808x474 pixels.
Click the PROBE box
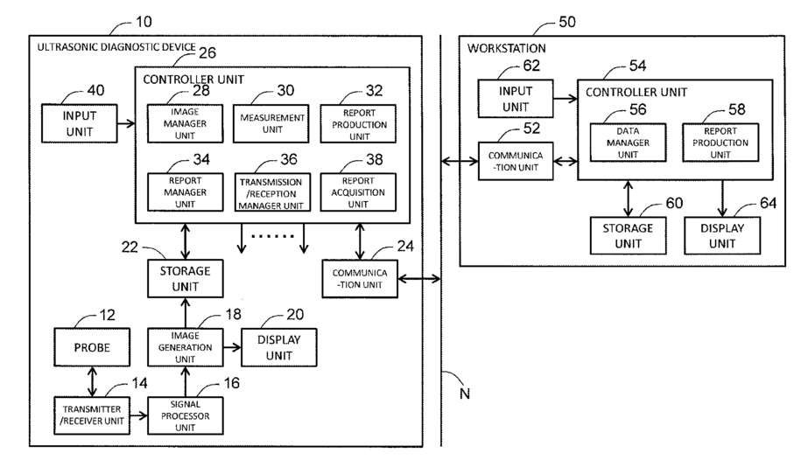(x=92, y=347)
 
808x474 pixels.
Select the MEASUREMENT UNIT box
(x=271, y=123)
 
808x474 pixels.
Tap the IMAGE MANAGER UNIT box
(x=185, y=123)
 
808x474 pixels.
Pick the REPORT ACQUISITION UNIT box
(x=358, y=192)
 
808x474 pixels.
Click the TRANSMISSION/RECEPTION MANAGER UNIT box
(x=272, y=192)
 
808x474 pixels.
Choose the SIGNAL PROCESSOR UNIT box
(x=185, y=415)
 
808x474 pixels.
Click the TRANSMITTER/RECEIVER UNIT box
(x=92, y=415)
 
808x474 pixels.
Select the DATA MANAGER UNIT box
(x=628, y=143)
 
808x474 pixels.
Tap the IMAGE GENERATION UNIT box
(x=185, y=347)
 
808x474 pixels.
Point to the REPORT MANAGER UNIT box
(x=185, y=192)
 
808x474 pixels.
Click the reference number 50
(x=567, y=22)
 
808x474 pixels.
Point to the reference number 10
(x=144, y=22)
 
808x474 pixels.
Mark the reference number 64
(x=768, y=203)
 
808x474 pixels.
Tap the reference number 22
(x=130, y=247)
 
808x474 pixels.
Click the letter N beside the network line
(x=464, y=394)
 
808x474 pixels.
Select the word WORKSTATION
(x=507, y=48)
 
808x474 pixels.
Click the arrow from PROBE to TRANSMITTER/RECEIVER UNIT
(x=92, y=381)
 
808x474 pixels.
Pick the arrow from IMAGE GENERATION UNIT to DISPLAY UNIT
(x=232, y=347)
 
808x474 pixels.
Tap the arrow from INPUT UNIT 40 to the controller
(x=126, y=123)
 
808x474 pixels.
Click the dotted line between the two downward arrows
(x=272, y=236)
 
